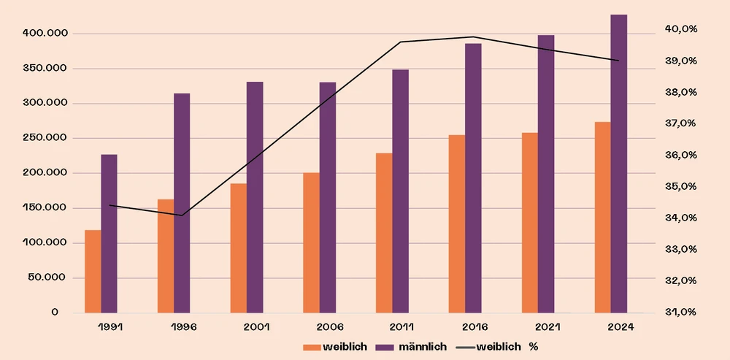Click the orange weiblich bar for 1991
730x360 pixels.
[x=93, y=271]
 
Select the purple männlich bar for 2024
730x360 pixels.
[x=619, y=164]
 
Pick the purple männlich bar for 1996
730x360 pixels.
[x=182, y=203]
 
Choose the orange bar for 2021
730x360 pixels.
[x=530, y=222]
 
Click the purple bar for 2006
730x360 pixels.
[x=328, y=197]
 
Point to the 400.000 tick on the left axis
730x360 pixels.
[x=45, y=34]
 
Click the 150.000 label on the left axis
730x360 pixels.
[x=45, y=208]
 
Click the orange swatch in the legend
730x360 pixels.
[x=311, y=346]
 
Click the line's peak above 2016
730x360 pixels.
[x=473, y=37]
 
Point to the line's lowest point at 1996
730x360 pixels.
[x=182, y=215]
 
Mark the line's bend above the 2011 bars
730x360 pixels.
[x=400, y=42]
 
